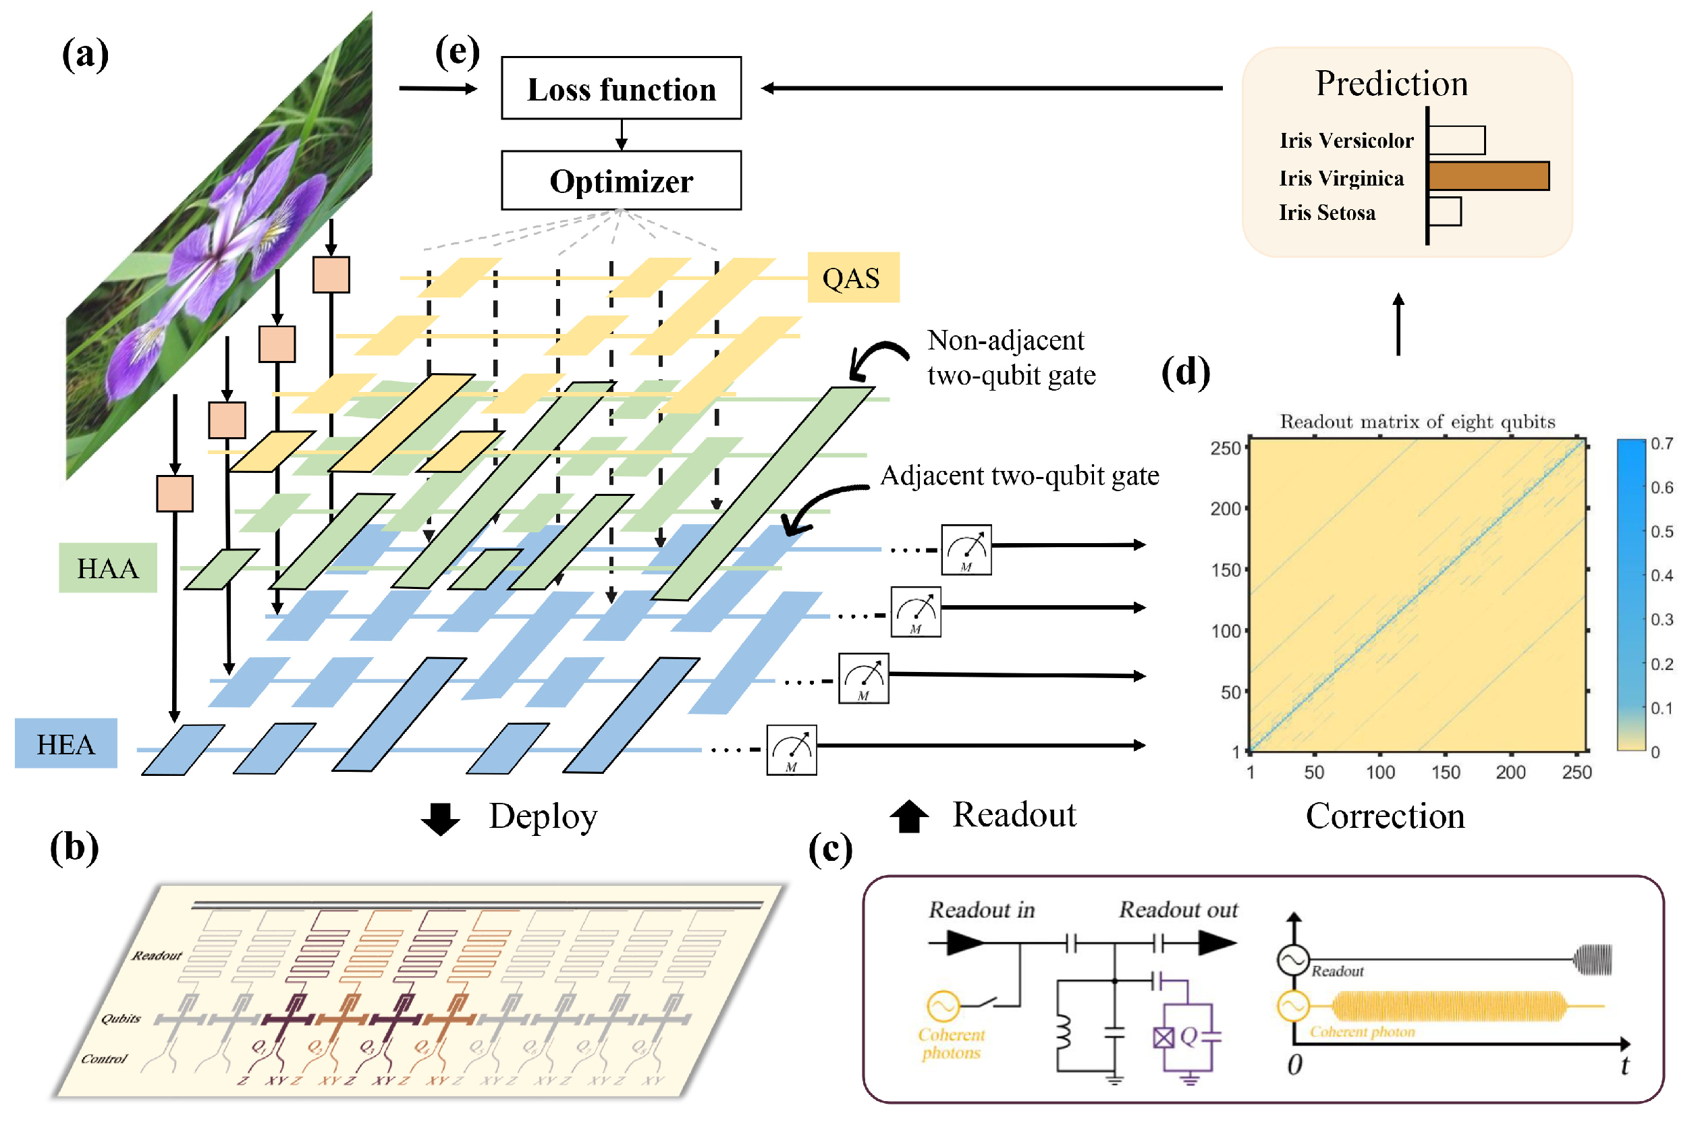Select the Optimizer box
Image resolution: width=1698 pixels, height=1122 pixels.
[x=620, y=180]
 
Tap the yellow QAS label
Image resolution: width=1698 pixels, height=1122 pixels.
[x=852, y=278]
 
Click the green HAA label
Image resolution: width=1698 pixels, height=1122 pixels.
[x=107, y=568]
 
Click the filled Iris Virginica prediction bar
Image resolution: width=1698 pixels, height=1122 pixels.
[x=1487, y=176]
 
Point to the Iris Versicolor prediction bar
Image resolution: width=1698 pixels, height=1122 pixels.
[x=1456, y=140]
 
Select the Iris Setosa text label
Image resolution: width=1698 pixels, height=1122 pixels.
[x=1327, y=213]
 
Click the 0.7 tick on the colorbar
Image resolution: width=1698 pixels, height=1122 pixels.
[x=1662, y=444]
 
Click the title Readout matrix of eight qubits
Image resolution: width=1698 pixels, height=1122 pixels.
[x=1417, y=422]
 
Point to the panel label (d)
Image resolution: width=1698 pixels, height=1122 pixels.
[x=1185, y=372]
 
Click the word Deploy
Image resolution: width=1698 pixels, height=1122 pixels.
[x=543, y=816]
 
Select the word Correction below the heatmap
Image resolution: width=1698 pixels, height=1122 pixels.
[x=1385, y=816]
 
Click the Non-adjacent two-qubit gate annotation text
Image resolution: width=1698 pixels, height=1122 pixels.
[x=1010, y=358]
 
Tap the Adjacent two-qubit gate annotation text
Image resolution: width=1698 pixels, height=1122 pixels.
[x=1019, y=476]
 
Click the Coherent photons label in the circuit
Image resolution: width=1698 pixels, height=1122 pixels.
[x=951, y=1043]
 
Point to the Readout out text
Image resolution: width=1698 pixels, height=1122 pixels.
[x=1178, y=909]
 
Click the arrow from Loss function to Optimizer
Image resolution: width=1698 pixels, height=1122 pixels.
[x=621, y=134]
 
